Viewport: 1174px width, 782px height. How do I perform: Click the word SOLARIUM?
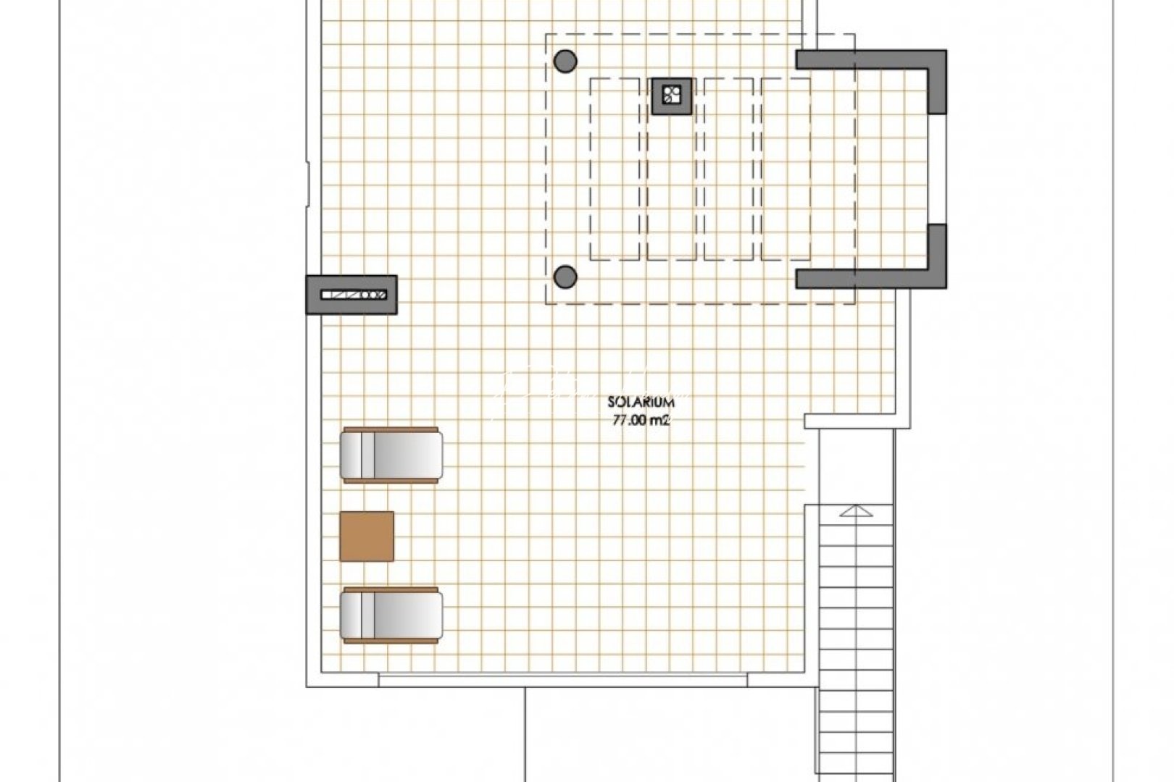641,401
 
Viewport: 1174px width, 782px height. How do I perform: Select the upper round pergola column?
565,60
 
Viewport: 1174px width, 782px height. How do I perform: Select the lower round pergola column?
565,276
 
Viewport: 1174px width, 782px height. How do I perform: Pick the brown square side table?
367,537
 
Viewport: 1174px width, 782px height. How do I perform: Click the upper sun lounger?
391,455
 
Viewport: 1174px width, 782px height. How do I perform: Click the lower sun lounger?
391,615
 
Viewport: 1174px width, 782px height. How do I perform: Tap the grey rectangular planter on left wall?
352,295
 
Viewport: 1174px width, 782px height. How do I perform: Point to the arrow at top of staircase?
857,512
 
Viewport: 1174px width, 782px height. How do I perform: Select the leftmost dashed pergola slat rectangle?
615,169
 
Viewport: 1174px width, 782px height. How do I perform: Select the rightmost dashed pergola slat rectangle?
786,169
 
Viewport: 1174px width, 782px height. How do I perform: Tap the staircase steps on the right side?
855,637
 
